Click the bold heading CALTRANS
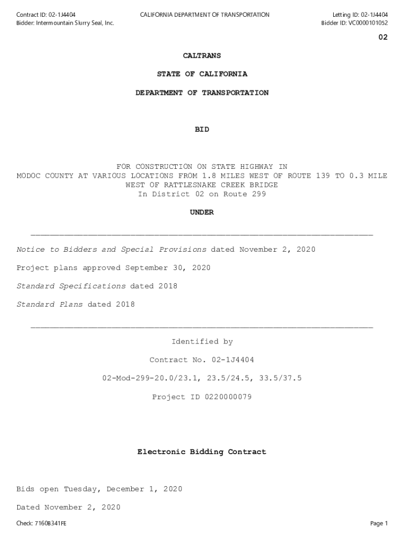[202, 56]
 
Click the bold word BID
[202, 130]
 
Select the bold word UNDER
[202, 212]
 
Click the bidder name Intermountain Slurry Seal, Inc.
[75, 23]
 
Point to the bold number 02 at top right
[383, 38]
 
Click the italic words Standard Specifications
[71, 286]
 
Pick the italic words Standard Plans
[50, 305]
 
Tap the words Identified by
[202, 342]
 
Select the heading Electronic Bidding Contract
[202, 452]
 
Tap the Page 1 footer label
[379, 523]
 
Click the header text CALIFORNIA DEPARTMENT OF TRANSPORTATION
[205, 15]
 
